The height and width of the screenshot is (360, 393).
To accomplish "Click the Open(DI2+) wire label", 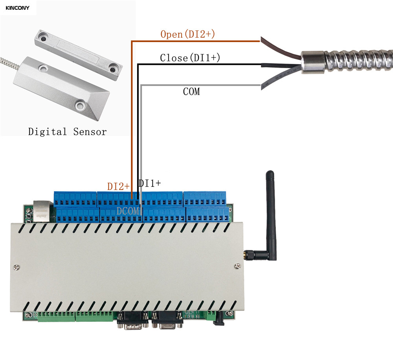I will pyautogui.click(x=187, y=34).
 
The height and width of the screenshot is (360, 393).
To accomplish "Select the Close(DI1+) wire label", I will pyautogui.click(x=190, y=58).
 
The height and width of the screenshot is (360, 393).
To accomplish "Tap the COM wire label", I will pyautogui.click(x=191, y=92).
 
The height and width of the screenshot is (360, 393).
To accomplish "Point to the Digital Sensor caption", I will pyautogui.click(x=67, y=131).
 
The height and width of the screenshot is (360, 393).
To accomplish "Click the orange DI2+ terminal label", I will pyautogui.click(x=119, y=186).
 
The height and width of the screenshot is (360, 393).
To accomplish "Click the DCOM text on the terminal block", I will pyautogui.click(x=128, y=211).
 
